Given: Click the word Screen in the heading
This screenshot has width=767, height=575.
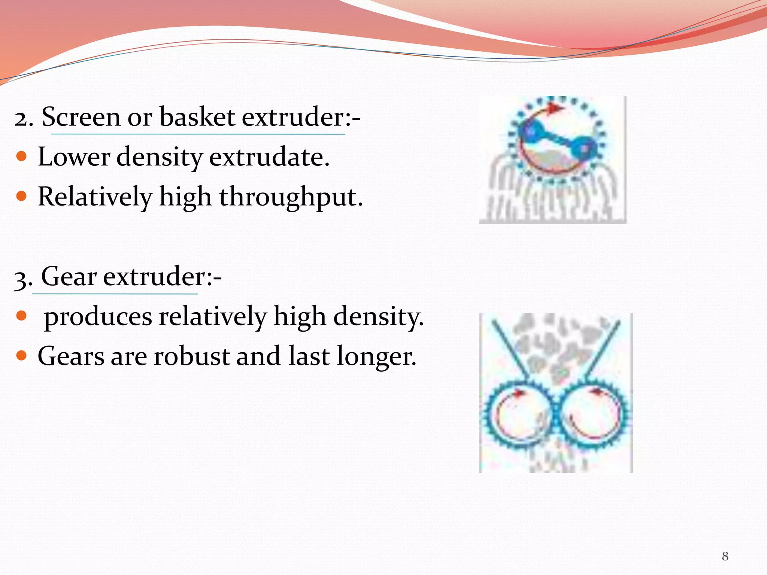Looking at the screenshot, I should pos(81,117).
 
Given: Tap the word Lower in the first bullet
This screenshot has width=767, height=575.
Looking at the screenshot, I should pos(74,157).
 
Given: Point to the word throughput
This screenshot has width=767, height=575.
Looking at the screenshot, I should pos(291,197).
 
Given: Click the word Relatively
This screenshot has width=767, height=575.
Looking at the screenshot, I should pos(95,197).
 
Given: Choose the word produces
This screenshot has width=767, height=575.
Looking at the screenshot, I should pos(98,317).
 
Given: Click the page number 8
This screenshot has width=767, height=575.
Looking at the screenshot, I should pos(725,556).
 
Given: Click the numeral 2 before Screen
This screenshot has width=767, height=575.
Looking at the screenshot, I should pos(23,119).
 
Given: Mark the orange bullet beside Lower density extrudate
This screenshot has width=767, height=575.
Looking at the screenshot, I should pos(22,156).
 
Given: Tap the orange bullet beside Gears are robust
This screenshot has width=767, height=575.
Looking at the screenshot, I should pos(22,355).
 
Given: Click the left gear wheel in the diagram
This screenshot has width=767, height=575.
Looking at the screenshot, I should pos(518,415).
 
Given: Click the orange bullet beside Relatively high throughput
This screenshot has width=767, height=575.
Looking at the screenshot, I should pos(22,196).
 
